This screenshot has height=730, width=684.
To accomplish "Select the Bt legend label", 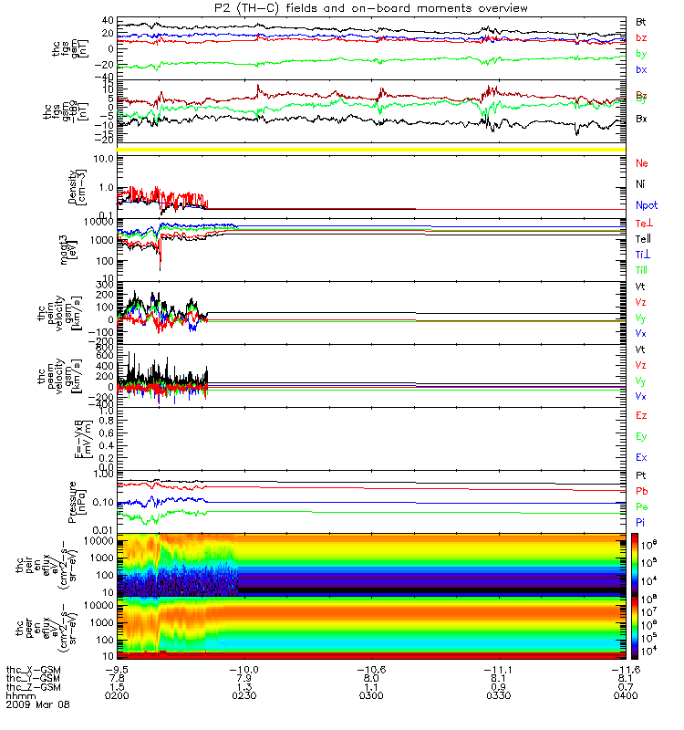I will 641,20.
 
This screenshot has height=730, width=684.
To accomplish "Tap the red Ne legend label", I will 642,162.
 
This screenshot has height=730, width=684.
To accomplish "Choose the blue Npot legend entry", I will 647,206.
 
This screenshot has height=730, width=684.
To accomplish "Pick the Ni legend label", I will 641,183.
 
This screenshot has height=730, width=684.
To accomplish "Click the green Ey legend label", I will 641,436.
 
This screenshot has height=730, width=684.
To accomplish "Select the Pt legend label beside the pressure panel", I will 641,476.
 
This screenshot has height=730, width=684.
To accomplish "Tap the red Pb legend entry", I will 641,491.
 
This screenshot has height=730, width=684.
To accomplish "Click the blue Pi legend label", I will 641,521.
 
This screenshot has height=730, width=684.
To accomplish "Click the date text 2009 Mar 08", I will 37,704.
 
